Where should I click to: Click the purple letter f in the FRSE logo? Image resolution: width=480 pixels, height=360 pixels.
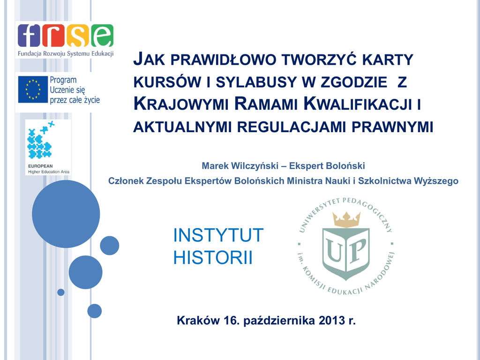coord(29,35)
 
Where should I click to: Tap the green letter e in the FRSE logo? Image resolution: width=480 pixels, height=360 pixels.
coord(102,35)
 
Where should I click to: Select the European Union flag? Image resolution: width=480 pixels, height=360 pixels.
coord(33,90)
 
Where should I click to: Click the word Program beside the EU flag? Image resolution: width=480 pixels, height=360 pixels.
coord(63,80)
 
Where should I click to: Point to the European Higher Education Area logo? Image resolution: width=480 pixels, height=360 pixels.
coord(48,147)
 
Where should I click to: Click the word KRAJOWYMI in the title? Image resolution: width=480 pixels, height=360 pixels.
coord(181,104)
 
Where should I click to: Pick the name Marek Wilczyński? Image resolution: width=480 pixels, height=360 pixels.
coord(240,166)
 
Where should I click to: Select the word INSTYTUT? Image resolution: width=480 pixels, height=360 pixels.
coord(218,235)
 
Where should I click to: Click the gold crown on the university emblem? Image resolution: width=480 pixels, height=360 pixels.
coord(346,219)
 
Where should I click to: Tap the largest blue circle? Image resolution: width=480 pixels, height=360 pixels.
coord(66,214)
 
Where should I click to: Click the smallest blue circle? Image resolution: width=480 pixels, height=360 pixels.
coord(61,292)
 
